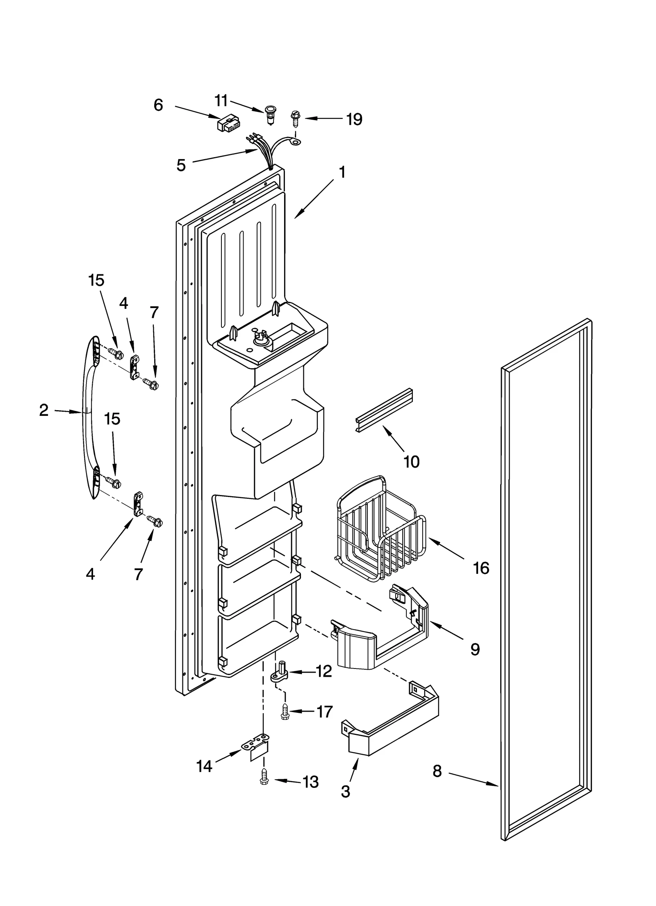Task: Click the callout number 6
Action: click(x=158, y=105)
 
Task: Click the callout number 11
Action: click(x=221, y=100)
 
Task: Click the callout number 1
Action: click(x=342, y=173)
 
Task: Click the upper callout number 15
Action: click(x=96, y=281)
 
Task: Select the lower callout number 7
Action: click(x=139, y=574)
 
